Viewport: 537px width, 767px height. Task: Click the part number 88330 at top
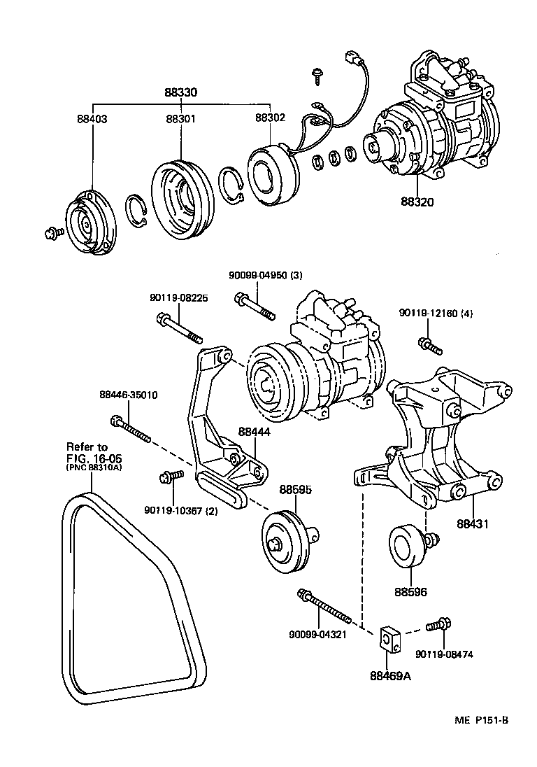coord(181,92)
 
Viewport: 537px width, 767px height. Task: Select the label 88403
coord(92,119)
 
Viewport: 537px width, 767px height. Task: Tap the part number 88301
coord(180,119)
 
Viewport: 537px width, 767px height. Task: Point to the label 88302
coord(270,118)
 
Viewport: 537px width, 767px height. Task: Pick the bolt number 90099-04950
coord(255,275)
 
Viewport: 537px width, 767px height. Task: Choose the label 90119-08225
coord(178,297)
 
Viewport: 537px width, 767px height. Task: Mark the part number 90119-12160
coord(436,313)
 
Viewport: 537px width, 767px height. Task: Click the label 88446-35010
coord(129,395)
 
